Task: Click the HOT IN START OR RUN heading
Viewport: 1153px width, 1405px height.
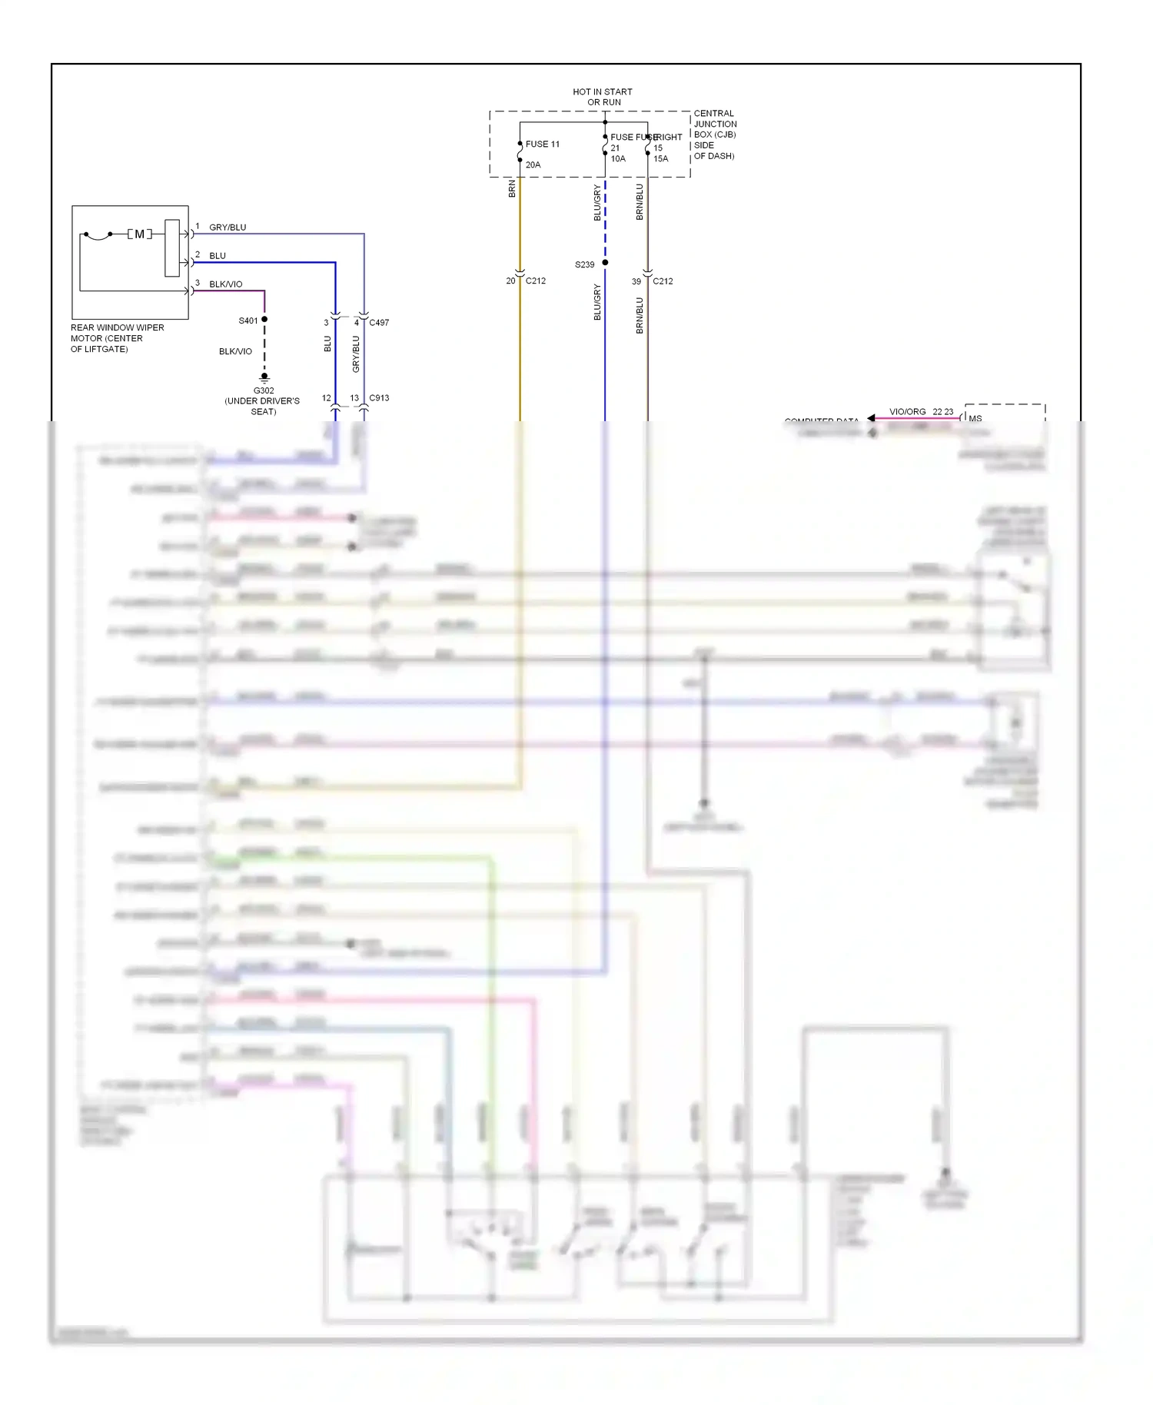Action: [x=603, y=97]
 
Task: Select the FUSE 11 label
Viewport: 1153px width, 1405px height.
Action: [x=543, y=144]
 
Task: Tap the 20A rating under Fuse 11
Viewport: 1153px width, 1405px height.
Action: [x=533, y=165]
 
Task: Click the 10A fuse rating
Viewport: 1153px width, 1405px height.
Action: [x=618, y=159]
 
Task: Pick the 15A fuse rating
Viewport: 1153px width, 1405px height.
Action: [x=661, y=159]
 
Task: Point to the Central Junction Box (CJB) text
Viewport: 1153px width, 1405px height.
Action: [x=715, y=135]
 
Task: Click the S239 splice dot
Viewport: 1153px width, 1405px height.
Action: [x=605, y=263]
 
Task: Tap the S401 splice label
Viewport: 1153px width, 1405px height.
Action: [x=248, y=321]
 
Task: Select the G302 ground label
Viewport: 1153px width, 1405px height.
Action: [x=264, y=390]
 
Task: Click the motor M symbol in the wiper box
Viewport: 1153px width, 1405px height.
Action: [x=139, y=234]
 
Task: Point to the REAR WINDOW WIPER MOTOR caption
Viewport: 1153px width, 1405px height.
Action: [x=117, y=338]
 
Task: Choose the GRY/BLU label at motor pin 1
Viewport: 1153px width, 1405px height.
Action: [x=228, y=228]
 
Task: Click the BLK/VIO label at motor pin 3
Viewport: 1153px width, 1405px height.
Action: [x=225, y=284]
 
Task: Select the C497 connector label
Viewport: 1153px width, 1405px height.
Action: [x=379, y=323]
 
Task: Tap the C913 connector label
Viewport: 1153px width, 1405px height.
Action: [x=379, y=398]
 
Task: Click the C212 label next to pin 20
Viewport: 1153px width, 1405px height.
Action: [x=536, y=281]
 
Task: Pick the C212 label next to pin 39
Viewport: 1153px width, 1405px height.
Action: [x=663, y=281]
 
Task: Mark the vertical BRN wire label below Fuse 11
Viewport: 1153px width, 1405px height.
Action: [x=512, y=189]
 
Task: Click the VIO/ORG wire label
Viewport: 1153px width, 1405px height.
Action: [x=907, y=412]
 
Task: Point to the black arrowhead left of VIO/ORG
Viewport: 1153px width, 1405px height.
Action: [x=871, y=418]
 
